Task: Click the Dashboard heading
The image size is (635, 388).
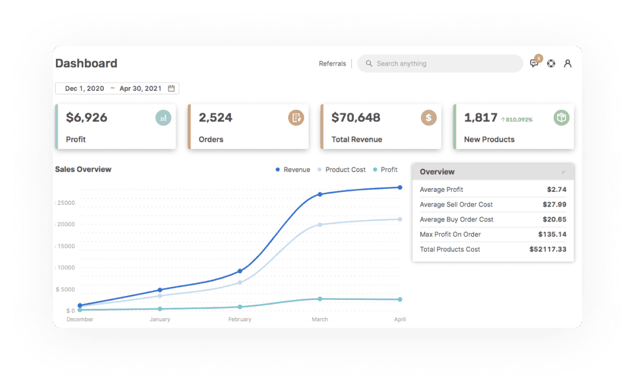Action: click(86, 64)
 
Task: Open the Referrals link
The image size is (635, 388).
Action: click(333, 64)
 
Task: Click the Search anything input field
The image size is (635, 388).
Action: click(442, 64)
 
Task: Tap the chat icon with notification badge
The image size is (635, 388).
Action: click(534, 64)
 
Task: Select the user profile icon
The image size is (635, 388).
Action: click(568, 64)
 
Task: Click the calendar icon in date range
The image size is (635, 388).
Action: click(172, 89)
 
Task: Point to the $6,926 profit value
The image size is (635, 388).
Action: click(87, 118)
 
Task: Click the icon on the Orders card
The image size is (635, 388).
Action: click(296, 118)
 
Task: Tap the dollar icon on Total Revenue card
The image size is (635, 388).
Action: click(429, 118)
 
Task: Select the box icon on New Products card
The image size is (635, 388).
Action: click(561, 118)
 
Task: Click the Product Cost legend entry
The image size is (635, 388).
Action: click(345, 170)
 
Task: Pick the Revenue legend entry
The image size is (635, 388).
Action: click(296, 170)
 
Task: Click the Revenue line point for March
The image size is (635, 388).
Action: click(320, 194)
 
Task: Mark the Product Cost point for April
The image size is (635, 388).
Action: click(400, 219)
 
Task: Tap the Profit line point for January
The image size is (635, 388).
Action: click(160, 309)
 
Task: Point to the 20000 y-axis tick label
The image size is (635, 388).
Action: click(65, 224)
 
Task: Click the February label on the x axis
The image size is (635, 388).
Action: click(240, 319)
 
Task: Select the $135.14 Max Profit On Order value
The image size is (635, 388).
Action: click(552, 234)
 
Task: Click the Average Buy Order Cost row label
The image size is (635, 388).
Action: click(456, 220)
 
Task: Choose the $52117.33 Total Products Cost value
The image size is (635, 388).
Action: click(548, 250)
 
